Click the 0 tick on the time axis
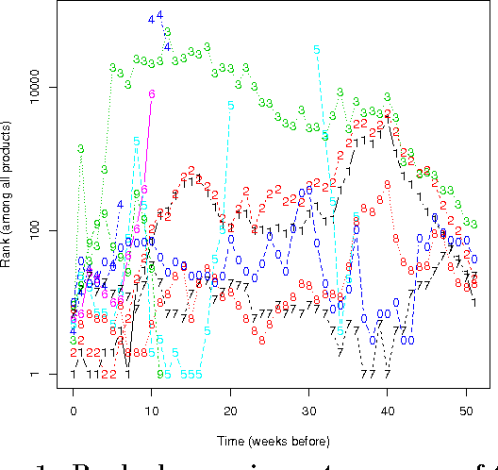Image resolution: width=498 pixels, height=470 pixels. pos(73,411)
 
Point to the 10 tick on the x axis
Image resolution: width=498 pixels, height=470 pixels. pos(152,411)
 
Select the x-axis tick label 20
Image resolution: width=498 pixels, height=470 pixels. pos(230,411)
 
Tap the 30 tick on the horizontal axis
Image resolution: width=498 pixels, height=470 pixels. pos(308,411)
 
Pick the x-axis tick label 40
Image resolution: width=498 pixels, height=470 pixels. pos(388,411)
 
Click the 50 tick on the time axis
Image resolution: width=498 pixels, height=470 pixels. pos(466,411)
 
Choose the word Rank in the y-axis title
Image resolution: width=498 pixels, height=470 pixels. pos(8,248)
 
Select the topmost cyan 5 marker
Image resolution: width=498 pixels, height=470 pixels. pos(316,49)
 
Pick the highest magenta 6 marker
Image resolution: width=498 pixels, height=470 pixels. pos(152,94)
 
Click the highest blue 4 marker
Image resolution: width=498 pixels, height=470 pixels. pos(159,15)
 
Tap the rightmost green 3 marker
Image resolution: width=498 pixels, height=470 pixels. pos(473,225)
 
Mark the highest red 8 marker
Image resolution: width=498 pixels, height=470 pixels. pos(387,185)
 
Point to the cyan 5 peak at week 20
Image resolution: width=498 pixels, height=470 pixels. pos(230,105)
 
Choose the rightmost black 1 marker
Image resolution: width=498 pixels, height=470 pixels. pos(473,302)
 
